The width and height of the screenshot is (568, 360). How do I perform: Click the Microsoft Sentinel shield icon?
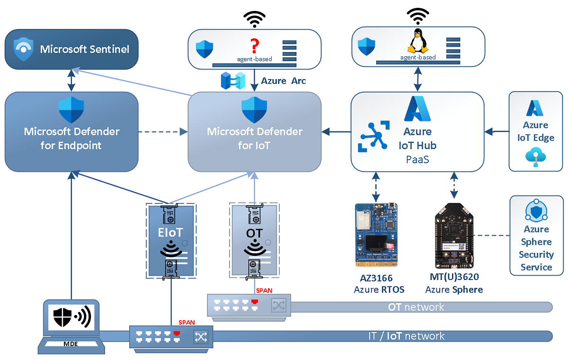23,49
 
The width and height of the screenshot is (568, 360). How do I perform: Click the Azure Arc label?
284,81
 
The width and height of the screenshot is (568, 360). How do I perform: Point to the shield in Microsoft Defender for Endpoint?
71,110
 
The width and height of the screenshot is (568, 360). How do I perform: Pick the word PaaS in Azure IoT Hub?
417,159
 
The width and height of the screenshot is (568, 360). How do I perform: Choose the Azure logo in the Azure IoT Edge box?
536,108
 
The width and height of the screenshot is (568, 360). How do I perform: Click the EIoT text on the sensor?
171,232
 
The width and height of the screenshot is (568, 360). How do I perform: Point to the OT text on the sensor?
254,233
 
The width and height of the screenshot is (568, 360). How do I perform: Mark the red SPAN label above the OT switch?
264,290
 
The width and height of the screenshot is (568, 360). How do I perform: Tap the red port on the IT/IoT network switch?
177,334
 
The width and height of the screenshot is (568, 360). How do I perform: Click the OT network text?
416,307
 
